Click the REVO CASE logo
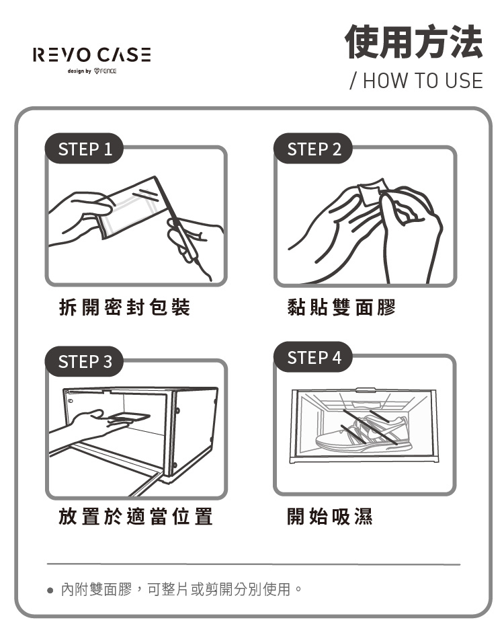pos(91,54)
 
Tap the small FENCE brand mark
pos(105,71)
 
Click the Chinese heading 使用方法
pos(413,42)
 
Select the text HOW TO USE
pos(423,81)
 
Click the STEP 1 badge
pos(84,149)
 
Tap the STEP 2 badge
pos(313,149)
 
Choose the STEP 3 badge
pos(84,361)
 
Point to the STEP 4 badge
pos(313,357)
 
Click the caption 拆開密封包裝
pos(124,306)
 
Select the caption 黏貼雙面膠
pos(341,306)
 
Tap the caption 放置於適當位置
pos(136,517)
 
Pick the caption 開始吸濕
pos(329,517)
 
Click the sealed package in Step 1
pos(134,207)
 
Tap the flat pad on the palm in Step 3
pos(128,417)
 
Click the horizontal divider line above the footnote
pos(253,564)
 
